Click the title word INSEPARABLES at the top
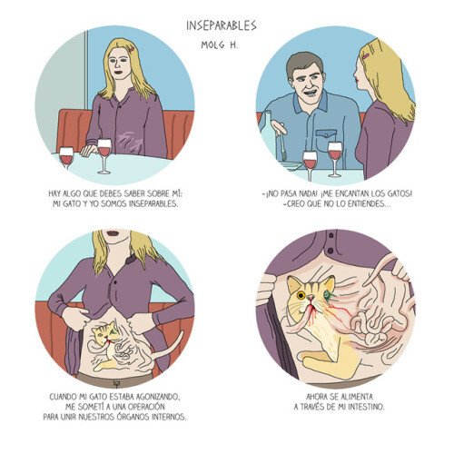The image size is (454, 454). pos(222,25)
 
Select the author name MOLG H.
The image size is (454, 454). pos(220,44)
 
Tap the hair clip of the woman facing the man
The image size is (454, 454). pos(366,56)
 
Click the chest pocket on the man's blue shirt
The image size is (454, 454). pos(326,137)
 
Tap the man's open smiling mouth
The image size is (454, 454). pos(311,91)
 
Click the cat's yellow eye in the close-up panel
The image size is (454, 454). pos(301,295)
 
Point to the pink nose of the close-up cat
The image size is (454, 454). pos(311,299)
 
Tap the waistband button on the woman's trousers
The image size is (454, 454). pos(115,383)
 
